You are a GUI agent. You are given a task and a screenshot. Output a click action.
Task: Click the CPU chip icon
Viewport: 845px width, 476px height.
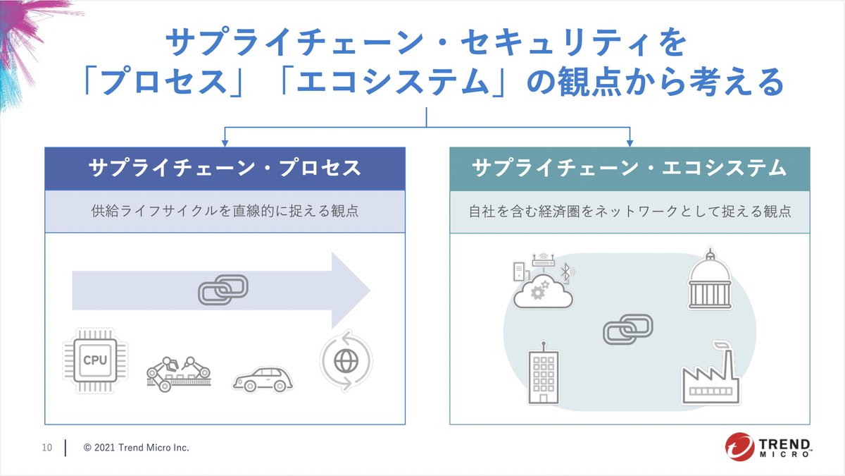pos(94,360)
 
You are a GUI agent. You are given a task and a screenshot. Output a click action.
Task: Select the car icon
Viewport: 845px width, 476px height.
pos(262,379)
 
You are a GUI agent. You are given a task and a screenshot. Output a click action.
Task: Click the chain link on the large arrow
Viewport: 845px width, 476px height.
pos(223,289)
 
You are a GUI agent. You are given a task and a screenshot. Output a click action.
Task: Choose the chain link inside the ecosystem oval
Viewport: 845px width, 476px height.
pos(627,329)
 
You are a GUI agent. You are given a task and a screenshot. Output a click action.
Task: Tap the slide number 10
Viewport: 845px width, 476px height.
pos(47,448)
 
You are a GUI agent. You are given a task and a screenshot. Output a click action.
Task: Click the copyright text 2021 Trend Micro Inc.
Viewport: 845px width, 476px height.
pos(137,448)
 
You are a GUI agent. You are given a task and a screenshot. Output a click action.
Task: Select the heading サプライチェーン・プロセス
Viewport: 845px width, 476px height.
pos(225,169)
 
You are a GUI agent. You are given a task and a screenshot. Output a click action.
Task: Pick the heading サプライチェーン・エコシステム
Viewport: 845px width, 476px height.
pos(630,169)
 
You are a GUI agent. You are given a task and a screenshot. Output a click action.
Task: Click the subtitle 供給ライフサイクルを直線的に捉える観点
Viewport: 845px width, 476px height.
pos(225,211)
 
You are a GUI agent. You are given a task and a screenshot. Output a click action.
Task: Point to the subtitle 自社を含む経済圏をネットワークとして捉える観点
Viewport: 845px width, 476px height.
pos(630,211)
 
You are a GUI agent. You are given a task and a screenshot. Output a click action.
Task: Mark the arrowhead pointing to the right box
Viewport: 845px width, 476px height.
pos(630,142)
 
